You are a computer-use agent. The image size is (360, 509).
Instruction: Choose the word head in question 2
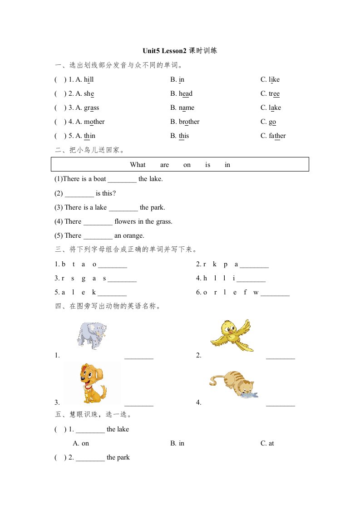coord(185,94)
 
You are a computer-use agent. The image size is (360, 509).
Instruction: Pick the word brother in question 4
coord(189,122)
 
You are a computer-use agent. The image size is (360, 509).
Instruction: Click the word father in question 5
coord(277,136)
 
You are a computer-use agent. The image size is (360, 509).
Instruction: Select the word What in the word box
coord(138,165)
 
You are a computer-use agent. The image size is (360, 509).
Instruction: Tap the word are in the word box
coord(164,165)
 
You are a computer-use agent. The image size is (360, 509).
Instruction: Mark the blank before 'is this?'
coord(79,194)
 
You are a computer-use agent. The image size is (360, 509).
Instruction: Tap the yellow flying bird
coord(231,335)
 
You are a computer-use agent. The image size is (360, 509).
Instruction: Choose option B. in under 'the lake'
coord(178,444)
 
